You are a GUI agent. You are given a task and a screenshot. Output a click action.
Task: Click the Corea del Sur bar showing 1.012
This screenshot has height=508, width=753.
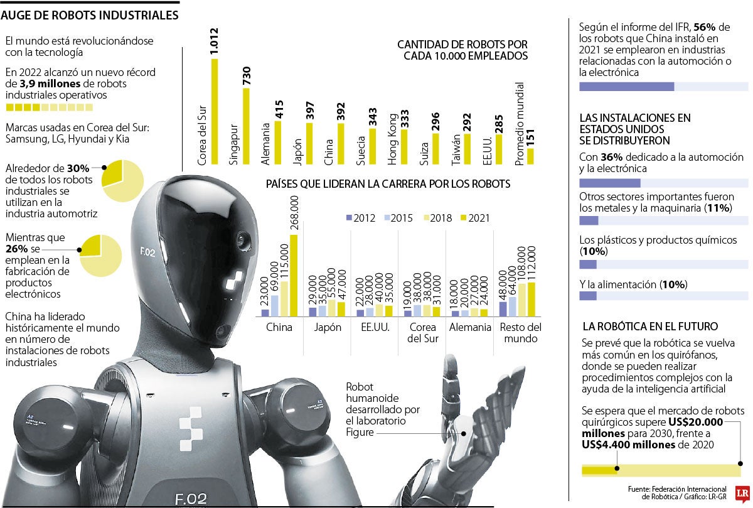(215, 112)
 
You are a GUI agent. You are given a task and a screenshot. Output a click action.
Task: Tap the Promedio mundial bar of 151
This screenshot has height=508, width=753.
(530, 156)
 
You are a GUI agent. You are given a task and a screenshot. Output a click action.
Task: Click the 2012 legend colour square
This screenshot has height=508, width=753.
(349, 218)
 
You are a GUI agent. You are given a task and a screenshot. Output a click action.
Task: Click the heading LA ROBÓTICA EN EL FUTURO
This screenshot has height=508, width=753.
(650, 327)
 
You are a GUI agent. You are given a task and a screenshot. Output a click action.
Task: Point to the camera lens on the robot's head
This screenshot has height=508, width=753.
(240, 239)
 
